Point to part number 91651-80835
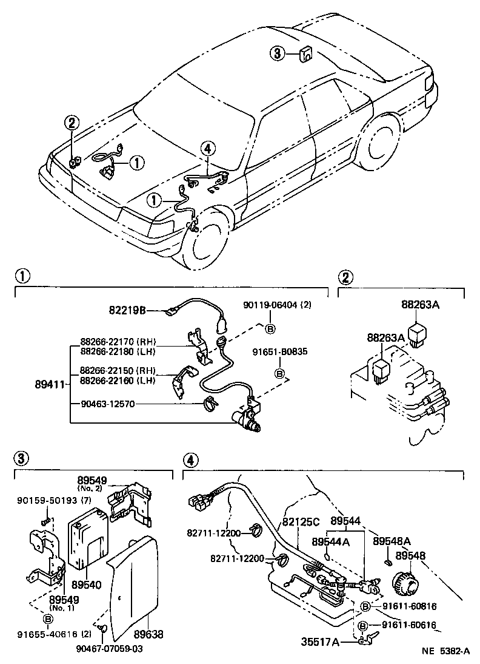click(280, 350)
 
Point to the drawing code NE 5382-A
click(445, 652)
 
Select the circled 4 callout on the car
click(207, 148)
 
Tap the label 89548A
click(392, 541)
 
